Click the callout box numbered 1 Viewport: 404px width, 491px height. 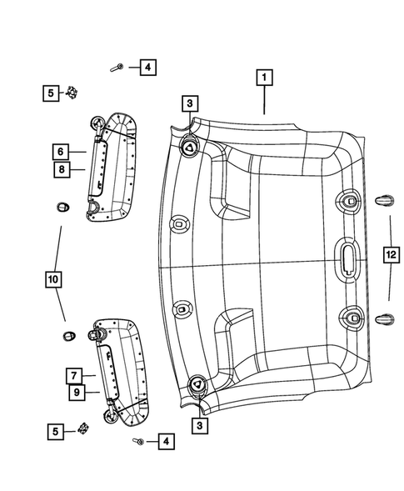point(264,79)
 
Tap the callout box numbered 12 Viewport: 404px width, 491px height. point(390,256)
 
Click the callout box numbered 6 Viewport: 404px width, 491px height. point(61,152)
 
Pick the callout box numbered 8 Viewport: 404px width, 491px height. point(61,169)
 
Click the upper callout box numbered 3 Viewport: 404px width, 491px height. point(190,104)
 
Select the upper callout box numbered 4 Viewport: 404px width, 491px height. point(146,68)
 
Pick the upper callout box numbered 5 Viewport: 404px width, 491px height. point(52,93)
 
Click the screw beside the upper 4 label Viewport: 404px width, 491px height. point(121,66)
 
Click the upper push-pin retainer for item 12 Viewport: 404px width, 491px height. point(384,198)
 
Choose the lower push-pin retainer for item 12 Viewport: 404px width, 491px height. point(384,318)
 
